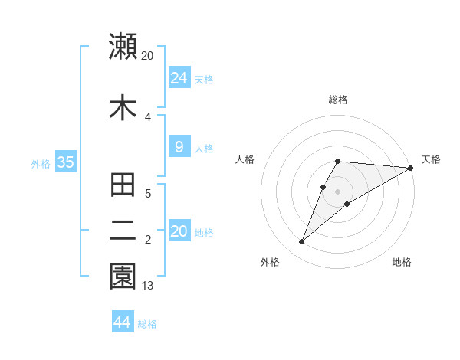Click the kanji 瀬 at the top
tap(123, 46)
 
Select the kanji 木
tap(123, 107)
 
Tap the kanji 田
tap(123, 186)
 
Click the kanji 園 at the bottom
tap(123, 277)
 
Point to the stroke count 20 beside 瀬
tap(148, 56)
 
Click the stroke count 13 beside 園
tap(148, 286)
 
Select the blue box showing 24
tap(179, 78)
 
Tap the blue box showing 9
tap(179, 148)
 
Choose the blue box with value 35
tap(65, 162)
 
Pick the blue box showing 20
tap(179, 231)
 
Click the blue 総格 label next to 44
tap(147, 324)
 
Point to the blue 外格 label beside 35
tap(41, 163)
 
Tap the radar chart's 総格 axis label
tap(337, 100)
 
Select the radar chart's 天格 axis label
tap(431, 159)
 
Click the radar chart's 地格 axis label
tap(402, 262)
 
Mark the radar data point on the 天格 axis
tap(411, 168)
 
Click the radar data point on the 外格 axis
tap(302, 241)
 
